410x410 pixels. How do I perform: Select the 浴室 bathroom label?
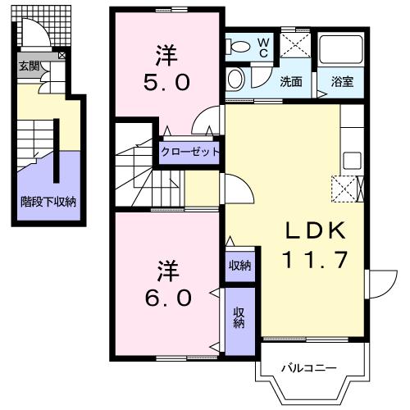pyautogui.click(x=341, y=81)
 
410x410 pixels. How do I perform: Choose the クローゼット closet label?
pyautogui.click(x=189, y=152)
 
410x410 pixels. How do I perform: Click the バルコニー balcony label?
pyautogui.click(x=309, y=368)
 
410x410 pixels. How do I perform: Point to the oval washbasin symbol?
pyautogui.click(x=236, y=79)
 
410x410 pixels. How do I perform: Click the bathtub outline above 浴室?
pyautogui.click(x=341, y=51)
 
